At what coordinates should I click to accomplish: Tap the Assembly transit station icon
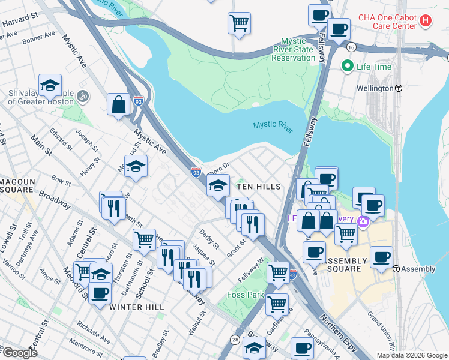coord(397,269)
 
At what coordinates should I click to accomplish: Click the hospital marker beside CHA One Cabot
coord(426,21)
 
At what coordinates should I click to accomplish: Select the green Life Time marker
coord(347,67)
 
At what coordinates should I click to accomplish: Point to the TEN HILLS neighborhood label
coord(259,187)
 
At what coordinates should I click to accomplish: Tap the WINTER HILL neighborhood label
coord(137,307)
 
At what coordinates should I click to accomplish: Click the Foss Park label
coord(246,295)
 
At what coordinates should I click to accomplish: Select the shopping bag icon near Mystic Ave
coord(119,104)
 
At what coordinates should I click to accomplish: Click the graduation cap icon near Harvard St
coord(50,85)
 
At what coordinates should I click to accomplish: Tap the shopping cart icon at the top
coord(239,23)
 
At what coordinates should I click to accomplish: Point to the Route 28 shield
coord(234,340)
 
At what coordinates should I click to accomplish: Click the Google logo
coord(19,352)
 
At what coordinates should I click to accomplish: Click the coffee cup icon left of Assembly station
coord(381,257)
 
